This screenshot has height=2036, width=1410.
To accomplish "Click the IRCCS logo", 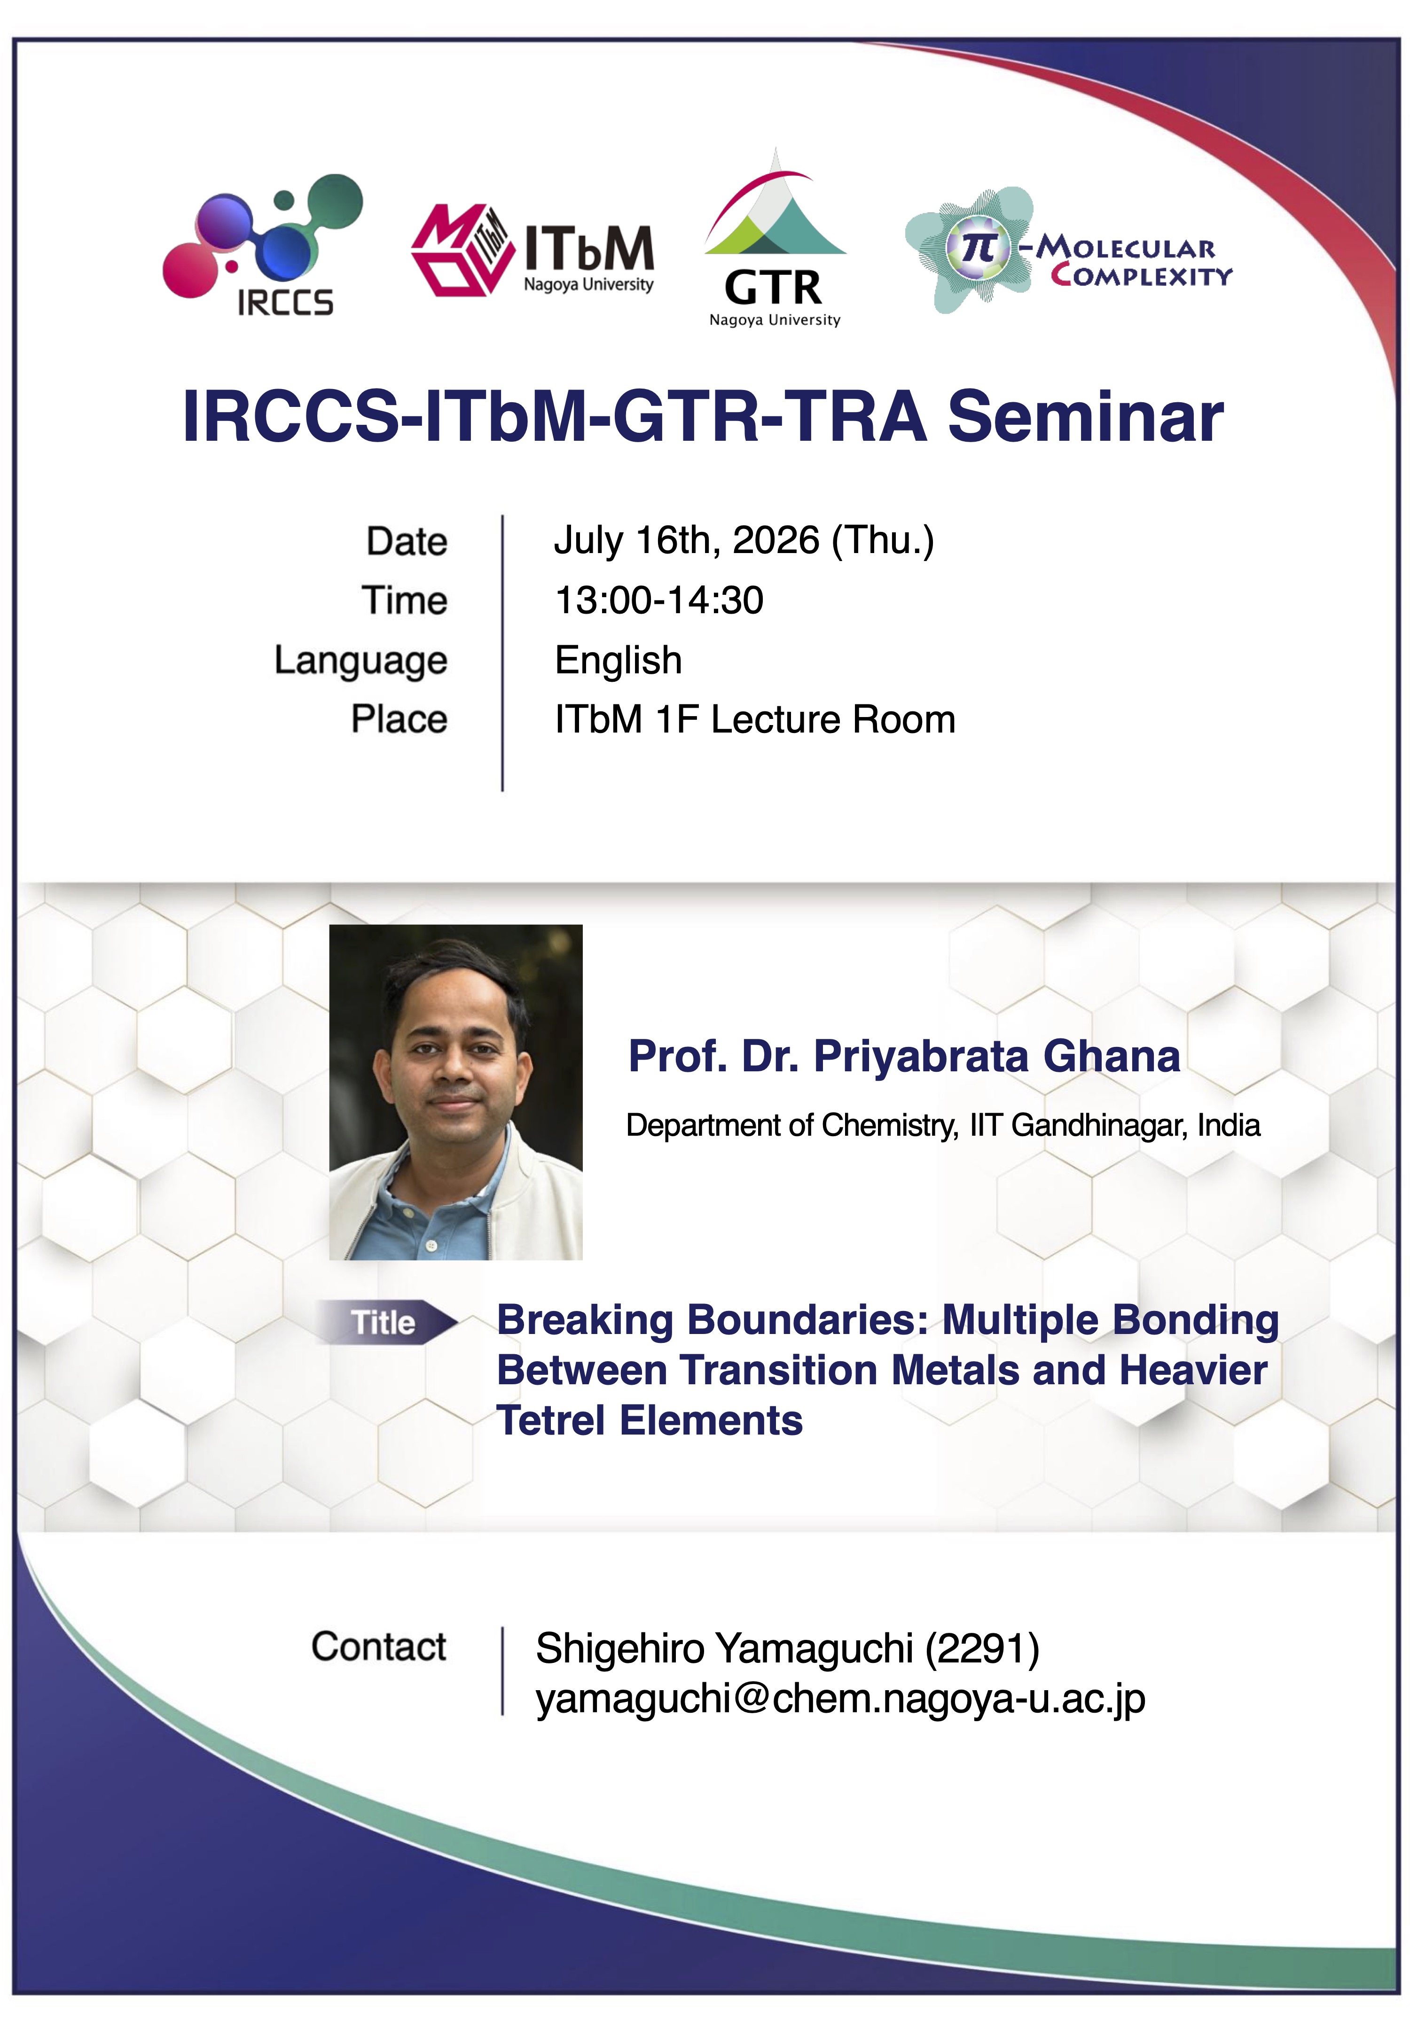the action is click(262, 245).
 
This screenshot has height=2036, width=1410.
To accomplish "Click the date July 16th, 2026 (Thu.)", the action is click(744, 540).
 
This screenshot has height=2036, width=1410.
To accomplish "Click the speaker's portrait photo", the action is click(456, 1092).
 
